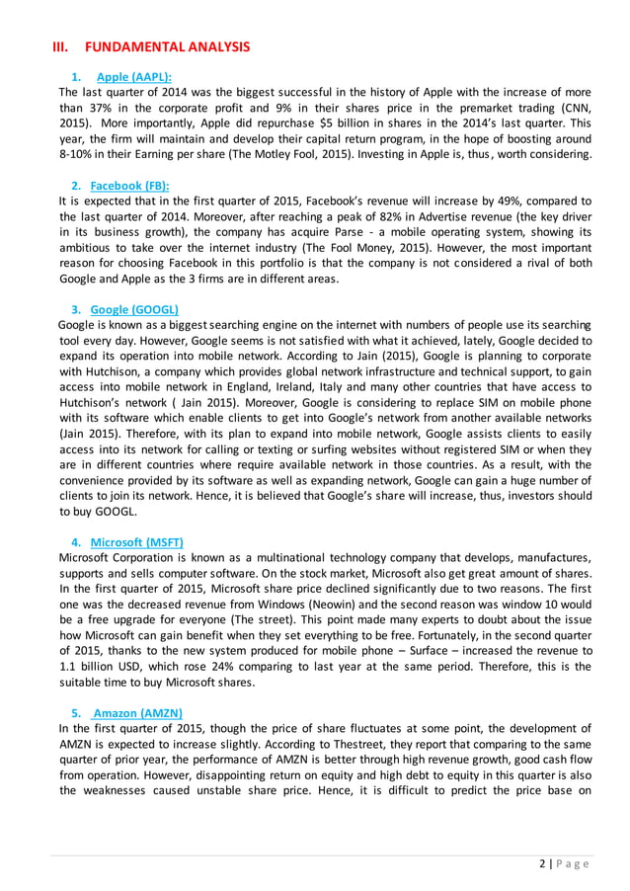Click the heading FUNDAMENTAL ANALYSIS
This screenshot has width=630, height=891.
168,46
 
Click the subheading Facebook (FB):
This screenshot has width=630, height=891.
129,185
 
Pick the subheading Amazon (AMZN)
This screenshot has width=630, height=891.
137,713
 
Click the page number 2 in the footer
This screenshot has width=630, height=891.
543,863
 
